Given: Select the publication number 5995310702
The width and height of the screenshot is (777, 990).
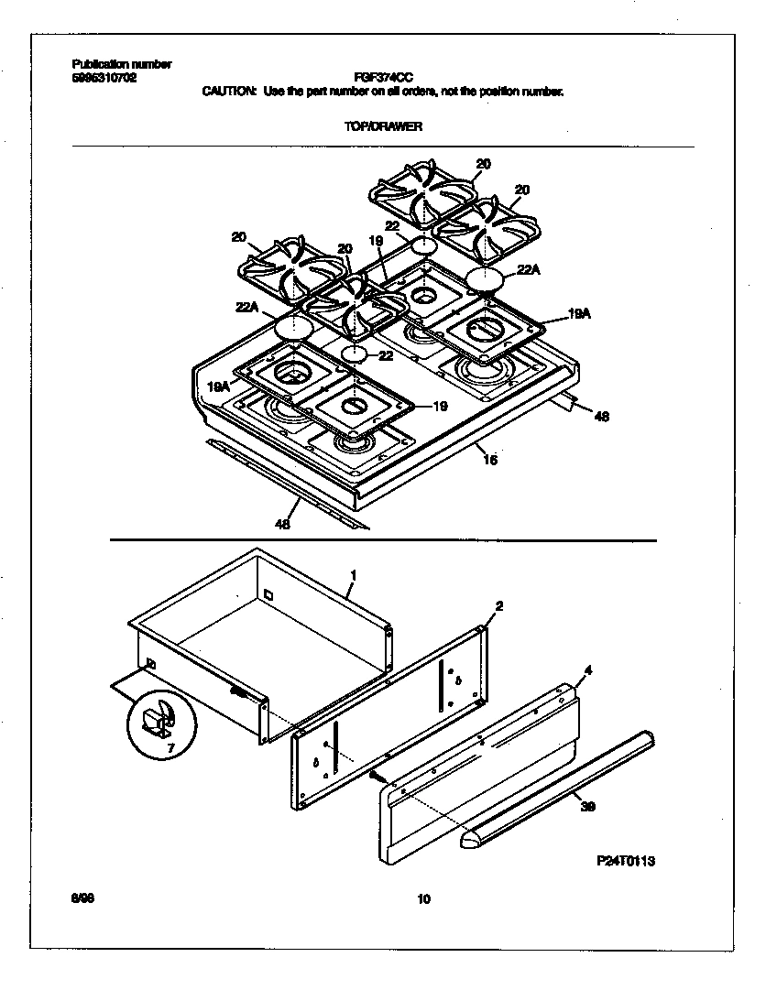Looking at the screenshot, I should (x=104, y=78).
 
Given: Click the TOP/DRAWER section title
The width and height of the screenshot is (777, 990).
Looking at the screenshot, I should (x=383, y=126).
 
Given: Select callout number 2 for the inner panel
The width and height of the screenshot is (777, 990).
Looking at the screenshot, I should (x=498, y=605).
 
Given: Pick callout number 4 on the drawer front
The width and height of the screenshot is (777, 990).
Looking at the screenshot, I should (x=587, y=671).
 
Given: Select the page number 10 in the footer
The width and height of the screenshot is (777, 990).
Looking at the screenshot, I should (x=422, y=899).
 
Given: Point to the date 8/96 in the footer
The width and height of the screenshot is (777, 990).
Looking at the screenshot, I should (x=82, y=899).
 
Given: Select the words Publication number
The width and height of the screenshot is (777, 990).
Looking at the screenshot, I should (x=121, y=64).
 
